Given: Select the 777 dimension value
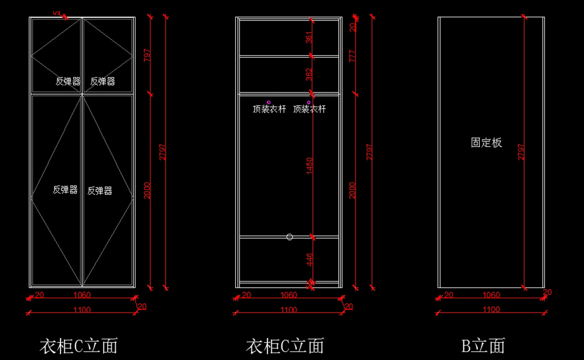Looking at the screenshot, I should coord(353,56).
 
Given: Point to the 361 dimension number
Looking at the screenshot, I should coord(309,37).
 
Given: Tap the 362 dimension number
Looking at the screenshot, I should coord(309,74).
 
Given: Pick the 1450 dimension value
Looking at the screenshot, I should coord(309,165).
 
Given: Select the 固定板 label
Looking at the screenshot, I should coord(486,143).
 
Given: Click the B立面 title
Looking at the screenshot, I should coord(483,346).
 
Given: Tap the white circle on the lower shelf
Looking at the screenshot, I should coord(290,237).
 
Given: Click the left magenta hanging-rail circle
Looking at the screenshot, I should coord(269,102).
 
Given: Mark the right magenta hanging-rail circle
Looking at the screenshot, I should coord(309,102).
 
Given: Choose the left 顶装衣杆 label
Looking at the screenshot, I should coord(269,109).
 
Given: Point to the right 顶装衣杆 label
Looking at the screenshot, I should coord(310,109).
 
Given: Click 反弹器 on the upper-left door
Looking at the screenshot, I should coord(68,82).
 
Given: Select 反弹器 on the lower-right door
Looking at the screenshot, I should coord(100,191).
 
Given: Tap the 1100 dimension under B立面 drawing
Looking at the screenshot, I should coord(491,309).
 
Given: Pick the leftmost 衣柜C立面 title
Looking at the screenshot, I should coord(78,346).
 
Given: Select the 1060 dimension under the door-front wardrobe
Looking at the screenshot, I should coord(82,295).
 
